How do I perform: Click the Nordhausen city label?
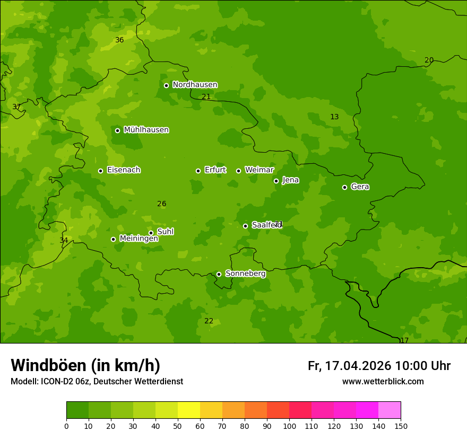[x=195, y=85]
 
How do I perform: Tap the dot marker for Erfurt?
[x=198, y=171]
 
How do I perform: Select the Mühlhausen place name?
[x=146, y=130]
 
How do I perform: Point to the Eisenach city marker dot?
[x=100, y=171]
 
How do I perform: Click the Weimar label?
[x=259, y=170]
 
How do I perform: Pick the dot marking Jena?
[x=276, y=181]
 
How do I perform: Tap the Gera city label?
[x=360, y=187]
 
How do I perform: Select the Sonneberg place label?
[x=245, y=274]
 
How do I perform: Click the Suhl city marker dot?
[x=151, y=233]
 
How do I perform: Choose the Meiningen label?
[x=139, y=239]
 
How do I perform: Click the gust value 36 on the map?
[x=119, y=40]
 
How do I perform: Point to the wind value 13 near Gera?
[x=334, y=117]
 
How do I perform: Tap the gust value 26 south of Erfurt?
[x=162, y=204]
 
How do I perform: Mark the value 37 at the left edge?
[x=16, y=107]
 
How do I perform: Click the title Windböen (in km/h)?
[x=85, y=365]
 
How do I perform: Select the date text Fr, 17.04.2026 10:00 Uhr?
[x=379, y=366]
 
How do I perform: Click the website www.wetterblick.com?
[x=383, y=381]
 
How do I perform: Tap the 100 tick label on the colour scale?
[x=289, y=426]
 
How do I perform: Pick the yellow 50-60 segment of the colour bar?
[x=189, y=410]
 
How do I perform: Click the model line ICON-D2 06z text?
[x=97, y=381]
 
